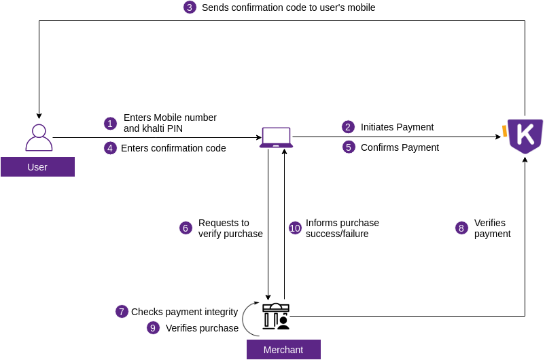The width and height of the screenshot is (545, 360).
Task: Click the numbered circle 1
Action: pyautogui.click(x=110, y=124)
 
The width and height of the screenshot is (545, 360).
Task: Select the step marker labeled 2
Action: pyautogui.click(x=348, y=127)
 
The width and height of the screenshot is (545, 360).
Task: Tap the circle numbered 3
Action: pyautogui.click(x=190, y=7)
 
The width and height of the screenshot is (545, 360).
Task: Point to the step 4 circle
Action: pyautogui.click(x=110, y=148)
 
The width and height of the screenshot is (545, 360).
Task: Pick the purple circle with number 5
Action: pyautogui.click(x=349, y=147)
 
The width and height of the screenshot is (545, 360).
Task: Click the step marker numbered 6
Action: pyautogui.click(x=186, y=228)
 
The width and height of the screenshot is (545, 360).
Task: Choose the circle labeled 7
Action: pyautogui.click(x=122, y=312)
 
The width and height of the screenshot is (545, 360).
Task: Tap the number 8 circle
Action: pyautogui.click(x=461, y=228)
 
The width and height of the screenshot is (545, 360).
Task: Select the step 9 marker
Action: pyautogui.click(x=153, y=328)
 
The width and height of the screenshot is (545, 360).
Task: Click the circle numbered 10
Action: pyautogui.click(x=295, y=228)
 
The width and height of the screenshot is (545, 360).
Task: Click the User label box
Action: pyautogui.click(x=37, y=167)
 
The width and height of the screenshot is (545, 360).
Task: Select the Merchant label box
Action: pyautogui.click(x=283, y=350)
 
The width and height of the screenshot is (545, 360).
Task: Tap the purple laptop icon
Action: pyautogui.click(x=276, y=137)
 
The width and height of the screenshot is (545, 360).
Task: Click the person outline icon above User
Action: pyautogui.click(x=39, y=138)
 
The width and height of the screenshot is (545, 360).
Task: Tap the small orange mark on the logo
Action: pyautogui.click(x=505, y=130)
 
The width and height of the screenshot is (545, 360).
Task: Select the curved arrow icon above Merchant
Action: pyautogui.click(x=250, y=319)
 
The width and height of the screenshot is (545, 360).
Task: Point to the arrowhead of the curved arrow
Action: pyautogui.click(x=256, y=303)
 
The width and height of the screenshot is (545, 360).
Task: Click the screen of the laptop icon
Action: pyautogui.click(x=276, y=134)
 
